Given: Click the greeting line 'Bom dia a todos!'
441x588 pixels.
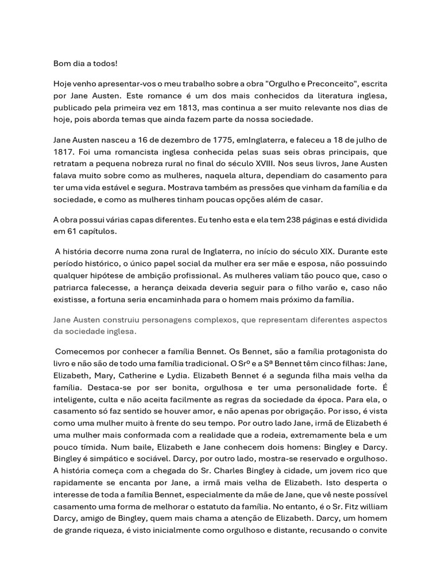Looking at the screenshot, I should pos(85,63).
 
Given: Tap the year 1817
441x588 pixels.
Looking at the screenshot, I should pos(63,152).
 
